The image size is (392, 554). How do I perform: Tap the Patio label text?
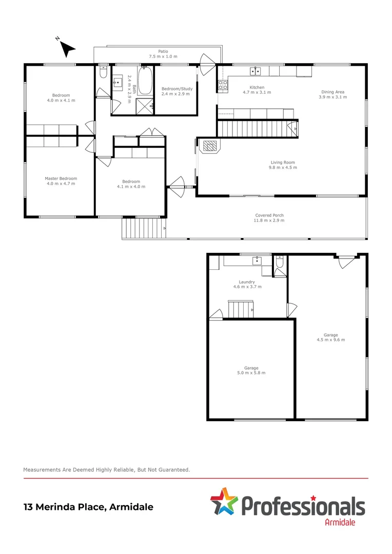pyautogui.click(x=163, y=51)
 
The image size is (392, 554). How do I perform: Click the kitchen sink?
pyautogui.click(x=255, y=71)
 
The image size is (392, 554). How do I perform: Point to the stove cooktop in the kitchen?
pyautogui.click(x=223, y=85)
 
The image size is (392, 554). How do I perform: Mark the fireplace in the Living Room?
pyautogui.click(x=210, y=147)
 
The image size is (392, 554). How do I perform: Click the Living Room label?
pyautogui.click(x=283, y=163)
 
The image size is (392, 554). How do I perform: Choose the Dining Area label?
pyautogui.click(x=331, y=92)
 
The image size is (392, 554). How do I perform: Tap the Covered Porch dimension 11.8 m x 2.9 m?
pyautogui.click(x=269, y=221)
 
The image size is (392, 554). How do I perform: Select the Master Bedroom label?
pyautogui.click(x=61, y=179)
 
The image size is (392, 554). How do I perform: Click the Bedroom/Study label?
pyautogui.click(x=177, y=89)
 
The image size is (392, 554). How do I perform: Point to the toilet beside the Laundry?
pyautogui.click(x=280, y=264)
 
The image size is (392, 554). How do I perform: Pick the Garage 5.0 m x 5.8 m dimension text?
pyautogui.click(x=251, y=373)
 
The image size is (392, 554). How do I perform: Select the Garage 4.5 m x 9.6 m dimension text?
pyautogui.click(x=331, y=340)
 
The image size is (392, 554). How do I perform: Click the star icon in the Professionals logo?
pyautogui.click(x=223, y=501)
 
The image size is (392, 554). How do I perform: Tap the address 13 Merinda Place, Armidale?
pyautogui.click(x=88, y=507)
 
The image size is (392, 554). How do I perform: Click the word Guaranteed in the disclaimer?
pyautogui.click(x=173, y=469)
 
